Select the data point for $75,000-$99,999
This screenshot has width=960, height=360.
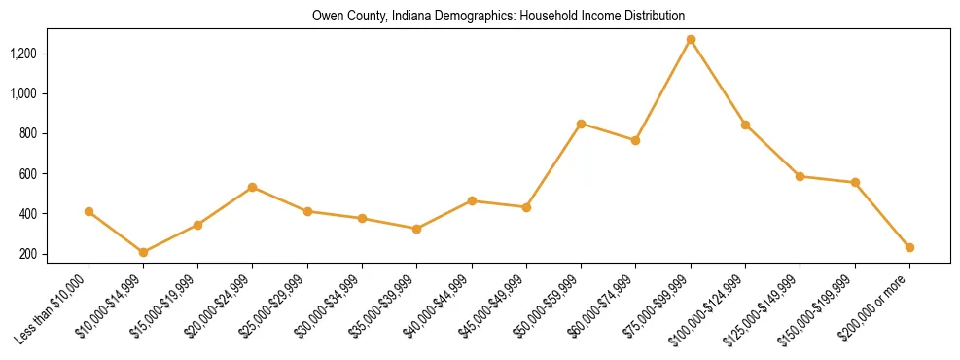point(691,40)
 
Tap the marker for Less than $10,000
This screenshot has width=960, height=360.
point(89,211)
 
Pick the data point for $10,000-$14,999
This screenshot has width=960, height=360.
point(143,252)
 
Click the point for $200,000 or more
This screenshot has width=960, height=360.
point(909,247)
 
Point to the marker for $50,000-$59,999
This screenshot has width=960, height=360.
point(581,124)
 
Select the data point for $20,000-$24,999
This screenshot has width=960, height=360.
point(252,187)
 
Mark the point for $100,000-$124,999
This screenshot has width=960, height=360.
point(745,125)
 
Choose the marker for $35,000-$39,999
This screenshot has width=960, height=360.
point(416,229)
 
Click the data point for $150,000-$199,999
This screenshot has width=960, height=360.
point(855,182)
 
